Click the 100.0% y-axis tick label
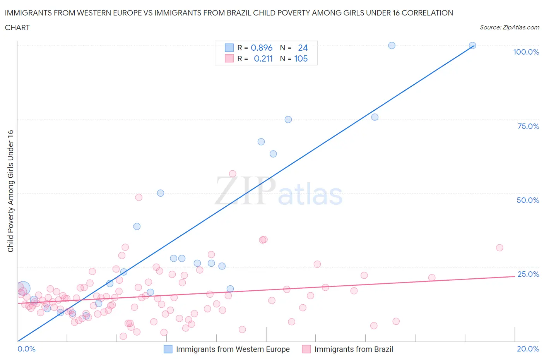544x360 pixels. tap(526, 52)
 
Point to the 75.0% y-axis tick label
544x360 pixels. tap(528, 126)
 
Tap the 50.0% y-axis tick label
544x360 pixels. tap(528, 200)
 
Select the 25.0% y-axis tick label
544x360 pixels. tap(528, 274)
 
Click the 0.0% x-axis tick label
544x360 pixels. tap(26, 349)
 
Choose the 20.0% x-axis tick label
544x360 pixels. tap(528, 349)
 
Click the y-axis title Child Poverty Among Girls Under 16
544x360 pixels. tap(10, 191)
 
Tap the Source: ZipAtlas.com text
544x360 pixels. tap(509, 27)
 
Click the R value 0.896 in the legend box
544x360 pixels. tap(262, 48)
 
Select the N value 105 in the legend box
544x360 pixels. tap(301, 59)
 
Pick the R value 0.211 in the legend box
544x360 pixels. tap(263, 59)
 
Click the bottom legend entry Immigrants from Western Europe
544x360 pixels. tap(233, 349)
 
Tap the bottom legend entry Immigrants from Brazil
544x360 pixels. tap(353, 349)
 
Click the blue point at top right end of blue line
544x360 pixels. tap(472, 45)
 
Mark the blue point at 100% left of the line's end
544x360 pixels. tap(392, 45)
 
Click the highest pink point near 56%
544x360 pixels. tap(233, 174)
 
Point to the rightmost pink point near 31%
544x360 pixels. tap(500, 248)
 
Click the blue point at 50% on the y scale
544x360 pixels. tap(161, 193)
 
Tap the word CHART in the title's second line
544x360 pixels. tap(17, 27)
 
